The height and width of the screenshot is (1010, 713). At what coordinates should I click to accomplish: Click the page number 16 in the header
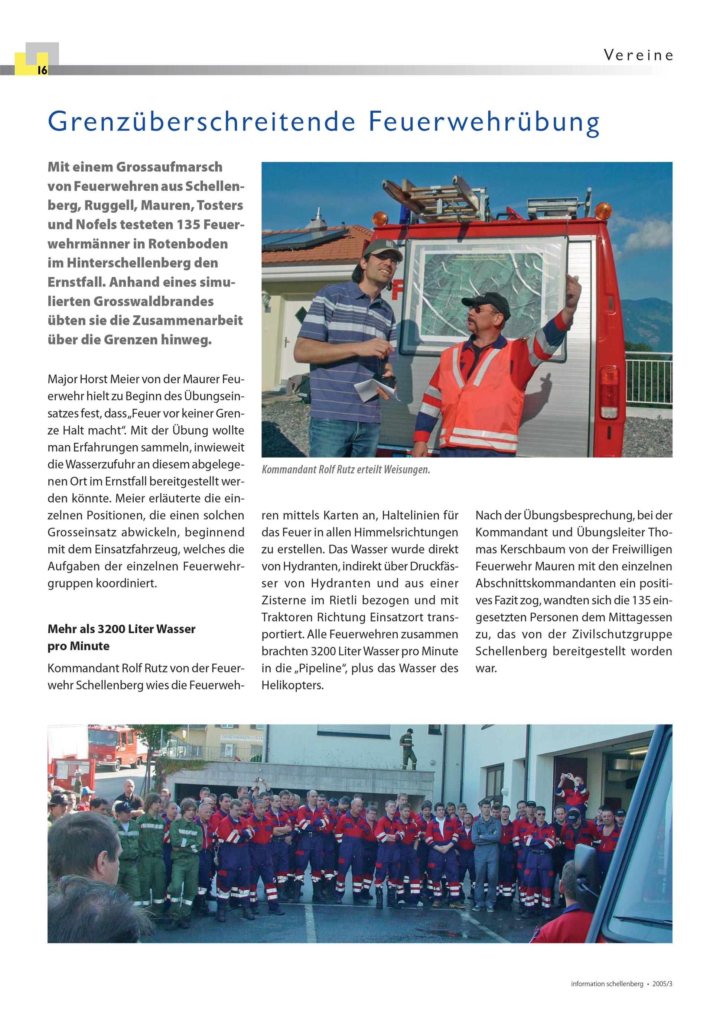point(42,70)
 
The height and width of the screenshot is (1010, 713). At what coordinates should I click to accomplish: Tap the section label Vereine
point(638,55)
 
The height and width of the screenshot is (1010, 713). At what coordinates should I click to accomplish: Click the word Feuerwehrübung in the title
point(484,122)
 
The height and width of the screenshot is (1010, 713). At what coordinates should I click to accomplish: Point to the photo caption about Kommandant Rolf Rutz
point(345,470)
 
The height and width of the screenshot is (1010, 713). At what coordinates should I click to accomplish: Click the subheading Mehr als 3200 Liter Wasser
point(121,629)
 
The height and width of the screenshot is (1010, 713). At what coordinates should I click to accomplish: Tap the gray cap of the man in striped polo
point(381,249)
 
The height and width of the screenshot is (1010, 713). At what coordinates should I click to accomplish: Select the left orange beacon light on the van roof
point(380,218)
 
